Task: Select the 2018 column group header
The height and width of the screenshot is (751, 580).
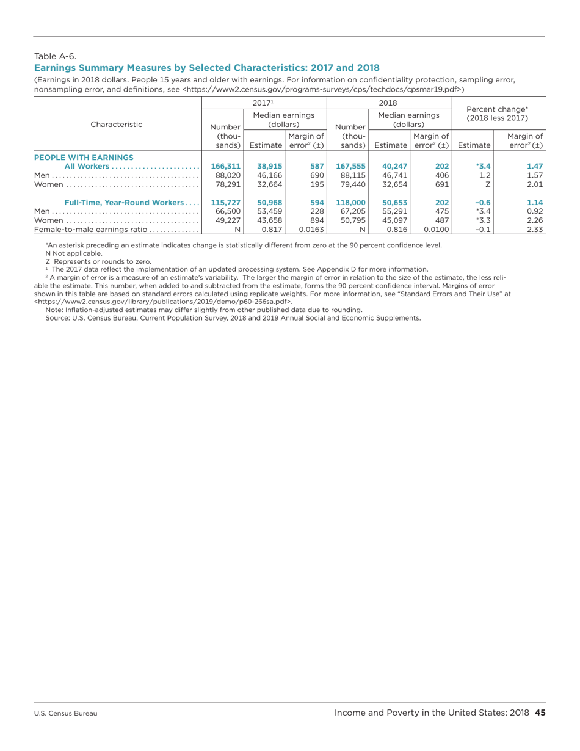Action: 389,102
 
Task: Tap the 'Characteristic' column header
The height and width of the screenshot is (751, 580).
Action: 117,124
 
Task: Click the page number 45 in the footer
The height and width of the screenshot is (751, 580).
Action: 540,713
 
